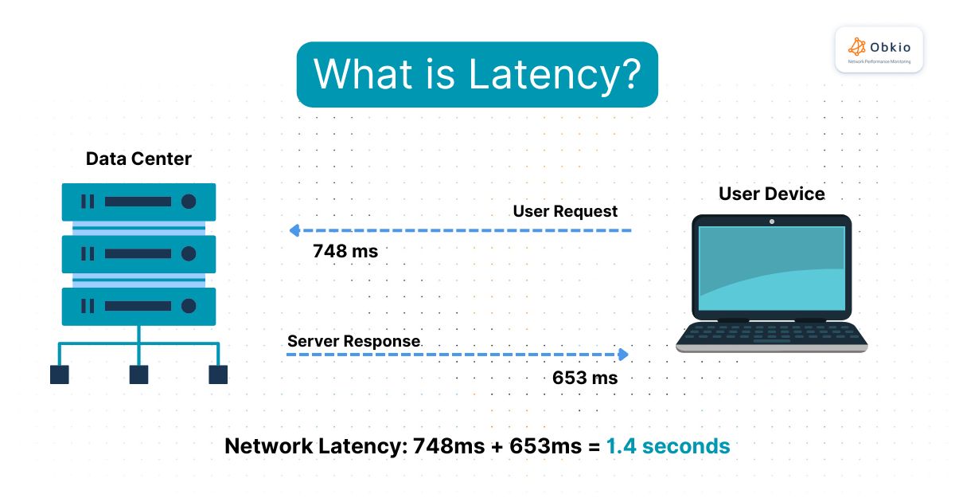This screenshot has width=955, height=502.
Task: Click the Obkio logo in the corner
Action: click(879, 49)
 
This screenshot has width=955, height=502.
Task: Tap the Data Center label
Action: click(138, 159)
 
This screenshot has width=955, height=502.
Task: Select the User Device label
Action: click(771, 194)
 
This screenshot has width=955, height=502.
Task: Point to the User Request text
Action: click(565, 211)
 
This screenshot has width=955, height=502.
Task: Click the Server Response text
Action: click(353, 341)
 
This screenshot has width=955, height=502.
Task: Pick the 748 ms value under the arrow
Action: click(345, 251)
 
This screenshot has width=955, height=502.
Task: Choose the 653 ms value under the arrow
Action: click(585, 377)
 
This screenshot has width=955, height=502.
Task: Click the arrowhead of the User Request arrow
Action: click(293, 231)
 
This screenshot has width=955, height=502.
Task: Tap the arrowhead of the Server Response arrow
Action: click(625, 354)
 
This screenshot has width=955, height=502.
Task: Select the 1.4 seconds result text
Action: click(668, 446)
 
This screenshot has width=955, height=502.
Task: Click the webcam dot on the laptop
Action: click(771, 221)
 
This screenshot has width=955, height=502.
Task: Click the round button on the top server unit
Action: click(189, 202)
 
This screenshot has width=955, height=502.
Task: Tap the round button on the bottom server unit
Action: click(189, 306)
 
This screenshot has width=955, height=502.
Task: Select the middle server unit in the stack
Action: click(138, 254)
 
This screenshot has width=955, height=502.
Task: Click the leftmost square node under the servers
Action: click(60, 375)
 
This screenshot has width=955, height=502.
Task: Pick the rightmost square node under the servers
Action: click(218, 375)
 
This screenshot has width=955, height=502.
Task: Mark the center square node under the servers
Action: click(138, 375)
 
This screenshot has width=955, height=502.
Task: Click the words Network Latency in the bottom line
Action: click(315, 446)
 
